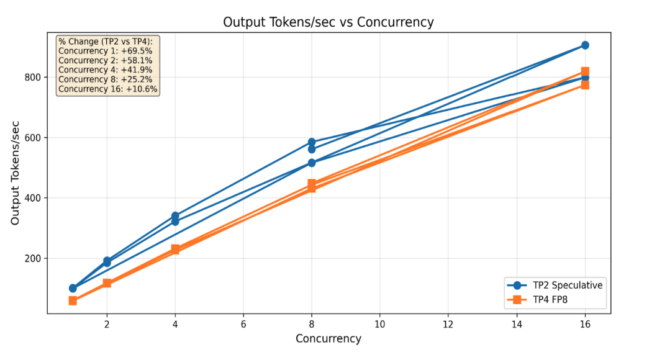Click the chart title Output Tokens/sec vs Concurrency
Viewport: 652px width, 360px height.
tap(328, 22)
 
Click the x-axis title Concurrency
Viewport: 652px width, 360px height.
tap(328, 339)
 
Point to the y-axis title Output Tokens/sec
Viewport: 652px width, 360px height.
tap(15, 173)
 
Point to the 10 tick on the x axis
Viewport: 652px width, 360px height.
tap(379, 324)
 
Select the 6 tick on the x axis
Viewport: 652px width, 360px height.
tap(243, 324)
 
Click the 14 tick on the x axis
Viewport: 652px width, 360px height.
tap(516, 324)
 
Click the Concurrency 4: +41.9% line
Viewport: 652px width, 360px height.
tap(106, 70)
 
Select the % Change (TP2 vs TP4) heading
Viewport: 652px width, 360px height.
tap(105, 42)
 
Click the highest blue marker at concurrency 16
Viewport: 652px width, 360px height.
tap(585, 45)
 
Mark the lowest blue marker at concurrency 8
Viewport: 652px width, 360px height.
tap(312, 163)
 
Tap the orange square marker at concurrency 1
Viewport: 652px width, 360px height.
tap(73, 300)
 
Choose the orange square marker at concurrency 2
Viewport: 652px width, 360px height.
tap(107, 283)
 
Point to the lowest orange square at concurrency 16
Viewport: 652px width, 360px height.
tap(585, 85)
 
